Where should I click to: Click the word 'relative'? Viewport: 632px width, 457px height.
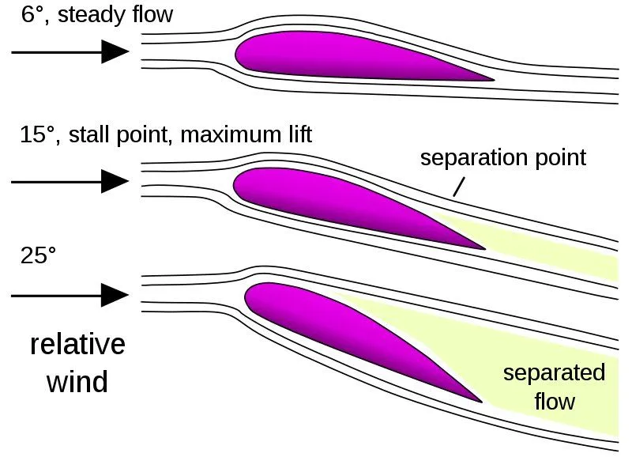click(77, 345)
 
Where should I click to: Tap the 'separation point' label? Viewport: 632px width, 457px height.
click(503, 157)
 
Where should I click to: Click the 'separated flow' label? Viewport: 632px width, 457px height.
click(554, 387)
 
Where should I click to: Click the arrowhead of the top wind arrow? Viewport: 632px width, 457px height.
click(115, 52)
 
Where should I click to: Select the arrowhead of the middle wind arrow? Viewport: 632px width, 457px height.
click(115, 182)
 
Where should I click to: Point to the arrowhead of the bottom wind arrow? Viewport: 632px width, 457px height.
click(115, 296)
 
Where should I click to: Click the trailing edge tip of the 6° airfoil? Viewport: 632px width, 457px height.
click(491, 80)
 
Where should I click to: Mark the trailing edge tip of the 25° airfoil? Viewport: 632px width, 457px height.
click(480, 401)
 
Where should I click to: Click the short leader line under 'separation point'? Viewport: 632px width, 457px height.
click(457, 187)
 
